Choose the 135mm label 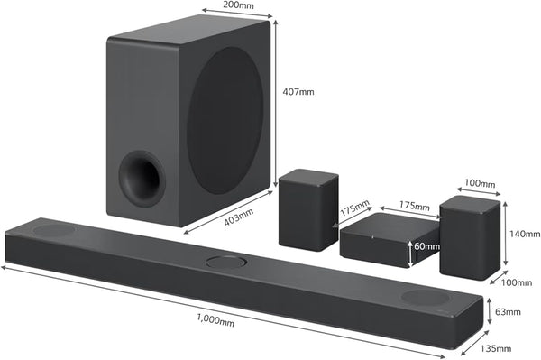pyautogui.click(x=496, y=348)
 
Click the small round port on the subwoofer pyautogui.click(x=142, y=177)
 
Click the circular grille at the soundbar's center pyautogui.click(x=225, y=263)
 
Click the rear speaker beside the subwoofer pyautogui.click(x=308, y=208)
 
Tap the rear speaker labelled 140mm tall pyautogui.click(x=469, y=237)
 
